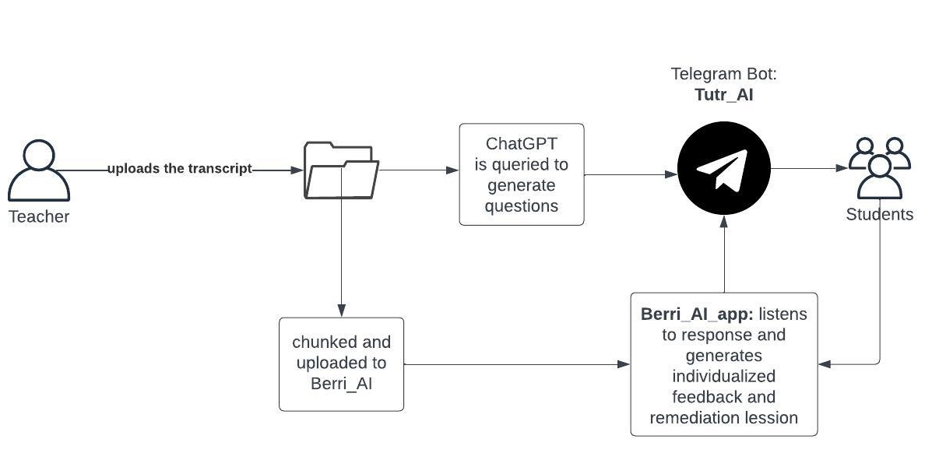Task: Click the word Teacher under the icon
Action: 39,217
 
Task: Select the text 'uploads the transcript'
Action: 179,169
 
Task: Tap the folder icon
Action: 342,170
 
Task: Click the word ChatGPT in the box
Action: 521,144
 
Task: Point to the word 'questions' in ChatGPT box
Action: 521,206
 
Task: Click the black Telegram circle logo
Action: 723,169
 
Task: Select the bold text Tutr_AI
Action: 723,95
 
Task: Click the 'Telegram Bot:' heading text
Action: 723,75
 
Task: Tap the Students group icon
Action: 879,167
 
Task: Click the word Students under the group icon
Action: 879,215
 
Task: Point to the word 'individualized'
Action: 723,377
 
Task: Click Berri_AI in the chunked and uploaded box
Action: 342,384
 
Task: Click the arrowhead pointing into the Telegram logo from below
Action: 724,221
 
